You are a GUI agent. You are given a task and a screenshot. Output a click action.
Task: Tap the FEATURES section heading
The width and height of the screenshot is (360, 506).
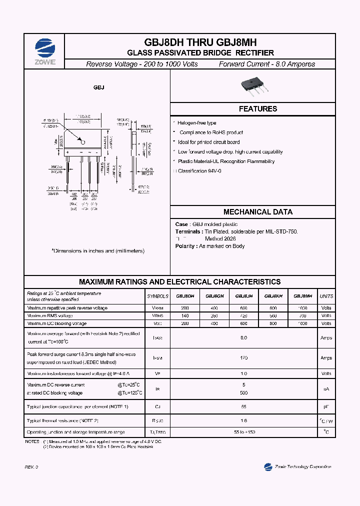(x=257, y=109)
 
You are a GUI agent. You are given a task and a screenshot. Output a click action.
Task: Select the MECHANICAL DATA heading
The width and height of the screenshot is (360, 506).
(x=257, y=212)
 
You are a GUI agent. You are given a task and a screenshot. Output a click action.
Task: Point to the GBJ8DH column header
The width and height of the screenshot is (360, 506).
(x=185, y=296)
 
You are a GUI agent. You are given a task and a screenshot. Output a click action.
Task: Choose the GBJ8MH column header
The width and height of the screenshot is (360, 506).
(x=302, y=296)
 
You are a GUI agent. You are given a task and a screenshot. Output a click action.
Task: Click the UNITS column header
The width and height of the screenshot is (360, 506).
(x=326, y=296)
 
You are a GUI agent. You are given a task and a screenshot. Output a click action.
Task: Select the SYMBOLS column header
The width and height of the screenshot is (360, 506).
(x=157, y=296)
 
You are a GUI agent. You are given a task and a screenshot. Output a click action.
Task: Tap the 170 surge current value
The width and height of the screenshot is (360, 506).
(x=244, y=357)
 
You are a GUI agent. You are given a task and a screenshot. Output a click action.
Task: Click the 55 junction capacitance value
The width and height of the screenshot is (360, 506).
(x=244, y=407)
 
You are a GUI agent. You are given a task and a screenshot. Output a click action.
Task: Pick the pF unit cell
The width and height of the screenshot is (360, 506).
(x=326, y=407)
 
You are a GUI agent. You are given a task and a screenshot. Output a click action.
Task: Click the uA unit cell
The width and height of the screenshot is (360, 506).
(x=326, y=389)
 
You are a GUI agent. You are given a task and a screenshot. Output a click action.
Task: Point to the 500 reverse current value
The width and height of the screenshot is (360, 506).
(x=244, y=393)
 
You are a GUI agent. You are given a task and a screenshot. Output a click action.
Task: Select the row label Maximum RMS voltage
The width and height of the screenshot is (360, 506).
(x=50, y=316)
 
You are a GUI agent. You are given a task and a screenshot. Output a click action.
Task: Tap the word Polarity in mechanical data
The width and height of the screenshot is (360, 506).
(x=186, y=246)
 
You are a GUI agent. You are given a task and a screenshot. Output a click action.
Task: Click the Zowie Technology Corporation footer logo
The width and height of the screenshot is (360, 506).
(x=297, y=466)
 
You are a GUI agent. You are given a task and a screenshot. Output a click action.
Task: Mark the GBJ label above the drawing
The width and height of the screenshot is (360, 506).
(x=98, y=87)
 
